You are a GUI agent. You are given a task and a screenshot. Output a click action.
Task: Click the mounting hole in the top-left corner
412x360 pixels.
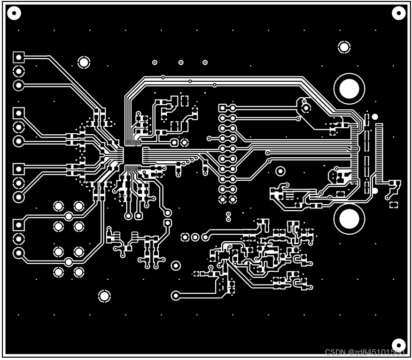[x=14, y=13]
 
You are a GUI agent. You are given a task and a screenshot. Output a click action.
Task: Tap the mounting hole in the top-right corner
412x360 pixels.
[x=398, y=13]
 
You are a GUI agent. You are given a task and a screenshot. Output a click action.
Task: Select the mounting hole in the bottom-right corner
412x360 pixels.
[x=398, y=345]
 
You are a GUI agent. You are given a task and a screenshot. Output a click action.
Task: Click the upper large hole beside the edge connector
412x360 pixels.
[x=349, y=89]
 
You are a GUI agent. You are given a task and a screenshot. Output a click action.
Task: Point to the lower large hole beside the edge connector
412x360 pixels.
[x=349, y=218]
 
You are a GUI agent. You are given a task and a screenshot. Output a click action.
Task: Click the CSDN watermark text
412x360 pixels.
[x=365, y=352]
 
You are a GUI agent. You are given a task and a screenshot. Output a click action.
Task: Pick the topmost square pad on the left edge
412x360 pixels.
[x=18, y=57]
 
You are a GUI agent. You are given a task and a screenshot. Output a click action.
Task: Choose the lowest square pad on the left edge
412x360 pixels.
[x=18, y=225]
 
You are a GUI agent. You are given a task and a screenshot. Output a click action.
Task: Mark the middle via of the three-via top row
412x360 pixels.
[x=181, y=62]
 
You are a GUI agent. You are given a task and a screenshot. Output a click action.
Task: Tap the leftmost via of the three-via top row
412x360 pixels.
[x=155, y=62]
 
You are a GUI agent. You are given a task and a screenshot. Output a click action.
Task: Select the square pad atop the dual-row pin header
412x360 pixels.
[x=223, y=108]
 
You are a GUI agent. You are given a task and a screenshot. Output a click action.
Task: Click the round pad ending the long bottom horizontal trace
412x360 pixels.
[x=176, y=295]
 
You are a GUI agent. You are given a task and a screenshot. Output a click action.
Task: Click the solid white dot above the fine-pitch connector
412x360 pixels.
[x=375, y=116]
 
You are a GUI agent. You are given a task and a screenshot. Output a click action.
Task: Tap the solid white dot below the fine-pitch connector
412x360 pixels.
[x=375, y=191]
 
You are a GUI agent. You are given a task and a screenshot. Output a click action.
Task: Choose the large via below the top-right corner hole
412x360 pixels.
[x=344, y=47]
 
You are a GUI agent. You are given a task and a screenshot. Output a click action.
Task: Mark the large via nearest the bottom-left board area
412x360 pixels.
[x=104, y=296]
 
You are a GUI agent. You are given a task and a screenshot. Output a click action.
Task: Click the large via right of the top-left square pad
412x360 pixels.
[x=84, y=61]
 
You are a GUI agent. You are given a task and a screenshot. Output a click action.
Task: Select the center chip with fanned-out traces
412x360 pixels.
[x=133, y=155]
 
